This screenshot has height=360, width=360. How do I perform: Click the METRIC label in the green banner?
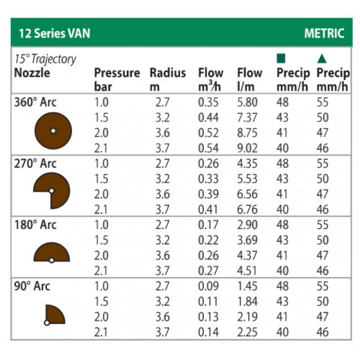pyautogui.click(x=324, y=33)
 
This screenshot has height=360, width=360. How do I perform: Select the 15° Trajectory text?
pyautogui.click(x=45, y=59)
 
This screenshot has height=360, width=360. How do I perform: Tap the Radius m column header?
pyautogui.click(x=167, y=79)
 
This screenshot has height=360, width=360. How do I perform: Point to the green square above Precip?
pyautogui.click(x=281, y=58)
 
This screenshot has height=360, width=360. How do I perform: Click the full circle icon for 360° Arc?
pyautogui.click(x=53, y=130)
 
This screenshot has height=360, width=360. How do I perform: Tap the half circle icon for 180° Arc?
pyautogui.click(x=52, y=253)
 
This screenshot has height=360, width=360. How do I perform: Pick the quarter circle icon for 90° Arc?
pyautogui.click(x=55, y=315)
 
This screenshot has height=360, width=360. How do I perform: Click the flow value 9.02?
pyautogui.click(x=247, y=148)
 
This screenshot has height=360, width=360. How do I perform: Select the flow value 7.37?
pyautogui.click(x=247, y=118)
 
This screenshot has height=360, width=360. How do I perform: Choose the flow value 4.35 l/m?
pyautogui.click(x=247, y=164)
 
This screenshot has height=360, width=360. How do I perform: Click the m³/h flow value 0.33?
pyautogui.click(x=208, y=179)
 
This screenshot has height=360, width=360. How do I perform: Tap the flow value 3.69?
pyautogui.click(x=247, y=240)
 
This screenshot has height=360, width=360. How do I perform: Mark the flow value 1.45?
pyautogui.click(x=247, y=286)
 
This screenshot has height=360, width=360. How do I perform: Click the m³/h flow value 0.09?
pyautogui.click(x=208, y=286)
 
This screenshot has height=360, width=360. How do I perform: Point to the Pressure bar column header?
pyautogui.click(x=117, y=79)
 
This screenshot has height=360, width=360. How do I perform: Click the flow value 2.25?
pyautogui.click(x=247, y=332)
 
